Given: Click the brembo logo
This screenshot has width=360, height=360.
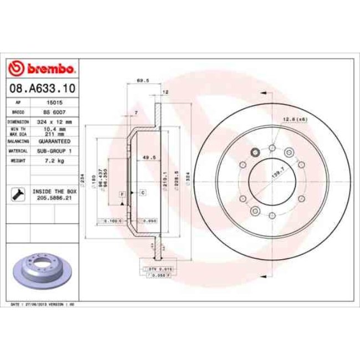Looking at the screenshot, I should click(x=42, y=69).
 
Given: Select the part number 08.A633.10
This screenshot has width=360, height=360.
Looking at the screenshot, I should click(x=42, y=88).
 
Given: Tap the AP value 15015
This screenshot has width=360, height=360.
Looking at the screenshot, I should click(x=53, y=103).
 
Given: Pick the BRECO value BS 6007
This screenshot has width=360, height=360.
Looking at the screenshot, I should click(x=53, y=111).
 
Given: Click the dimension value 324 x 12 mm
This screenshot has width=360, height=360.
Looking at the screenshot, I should click(x=53, y=121).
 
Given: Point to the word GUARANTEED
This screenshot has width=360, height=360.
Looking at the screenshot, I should click(x=53, y=141).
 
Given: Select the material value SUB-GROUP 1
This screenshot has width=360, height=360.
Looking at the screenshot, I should click(x=53, y=151).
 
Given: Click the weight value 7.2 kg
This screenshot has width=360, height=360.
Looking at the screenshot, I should click(x=53, y=161).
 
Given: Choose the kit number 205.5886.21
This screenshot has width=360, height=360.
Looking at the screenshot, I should click(x=53, y=198).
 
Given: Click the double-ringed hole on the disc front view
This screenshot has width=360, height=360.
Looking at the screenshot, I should click(x=256, y=153).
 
